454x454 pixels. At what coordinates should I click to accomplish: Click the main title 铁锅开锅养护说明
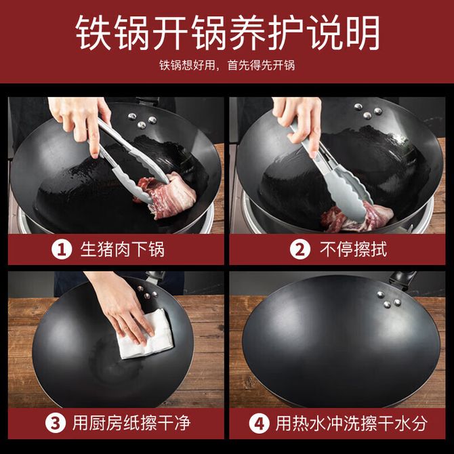(227, 33)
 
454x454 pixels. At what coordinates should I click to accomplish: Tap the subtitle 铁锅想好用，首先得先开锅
(227, 65)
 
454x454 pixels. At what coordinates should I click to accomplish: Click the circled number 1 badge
(62, 249)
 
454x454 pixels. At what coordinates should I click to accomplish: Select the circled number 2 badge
(300, 249)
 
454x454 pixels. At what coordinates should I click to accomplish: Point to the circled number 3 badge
(56, 423)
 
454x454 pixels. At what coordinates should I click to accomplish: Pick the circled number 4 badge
(259, 424)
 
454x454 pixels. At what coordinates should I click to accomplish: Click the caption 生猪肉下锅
(123, 249)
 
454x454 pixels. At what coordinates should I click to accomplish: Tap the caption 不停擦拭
(353, 249)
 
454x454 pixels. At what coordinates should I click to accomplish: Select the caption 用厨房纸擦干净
(131, 423)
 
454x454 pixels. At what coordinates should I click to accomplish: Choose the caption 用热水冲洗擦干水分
(351, 424)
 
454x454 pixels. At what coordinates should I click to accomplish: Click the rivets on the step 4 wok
(388, 300)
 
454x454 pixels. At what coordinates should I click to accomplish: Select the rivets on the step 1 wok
(142, 121)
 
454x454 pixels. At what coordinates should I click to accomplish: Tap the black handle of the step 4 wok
(403, 278)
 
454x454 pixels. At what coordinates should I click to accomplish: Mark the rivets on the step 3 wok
(147, 293)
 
